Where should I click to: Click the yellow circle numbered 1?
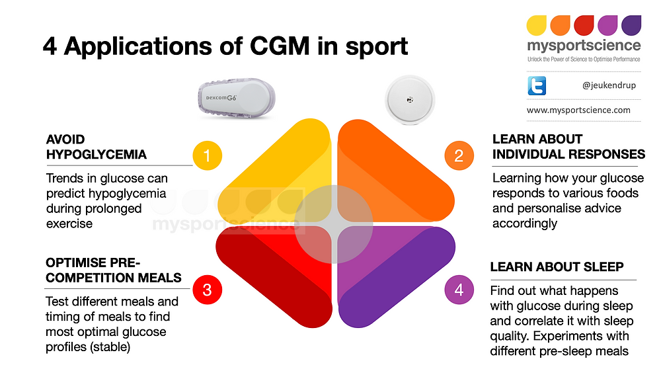pyautogui.click(x=207, y=156)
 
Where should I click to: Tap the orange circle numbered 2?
pyautogui.click(x=459, y=156)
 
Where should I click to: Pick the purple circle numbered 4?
pyautogui.click(x=459, y=290)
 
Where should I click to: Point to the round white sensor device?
pyautogui.click(x=410, y=98)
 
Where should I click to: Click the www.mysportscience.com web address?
pyautogui.click(x=578, y=110)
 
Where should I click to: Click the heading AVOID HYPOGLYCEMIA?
pyautogui.click(x=96, y=147)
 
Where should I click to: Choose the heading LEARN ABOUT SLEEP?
pyautogui.click(x=557, y=267)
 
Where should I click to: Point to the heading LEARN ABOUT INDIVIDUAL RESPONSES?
pyautogui.click(x=568, y=147)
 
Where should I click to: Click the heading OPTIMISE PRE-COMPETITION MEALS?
pyautogui.click(x=113, y=270)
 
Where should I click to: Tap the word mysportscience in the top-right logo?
pyautogui.click(x=584, y=46)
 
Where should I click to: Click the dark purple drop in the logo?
pyautogui.click(x=631, y=25)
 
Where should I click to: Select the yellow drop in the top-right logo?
pyautogui.click(x=536, y=25)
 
